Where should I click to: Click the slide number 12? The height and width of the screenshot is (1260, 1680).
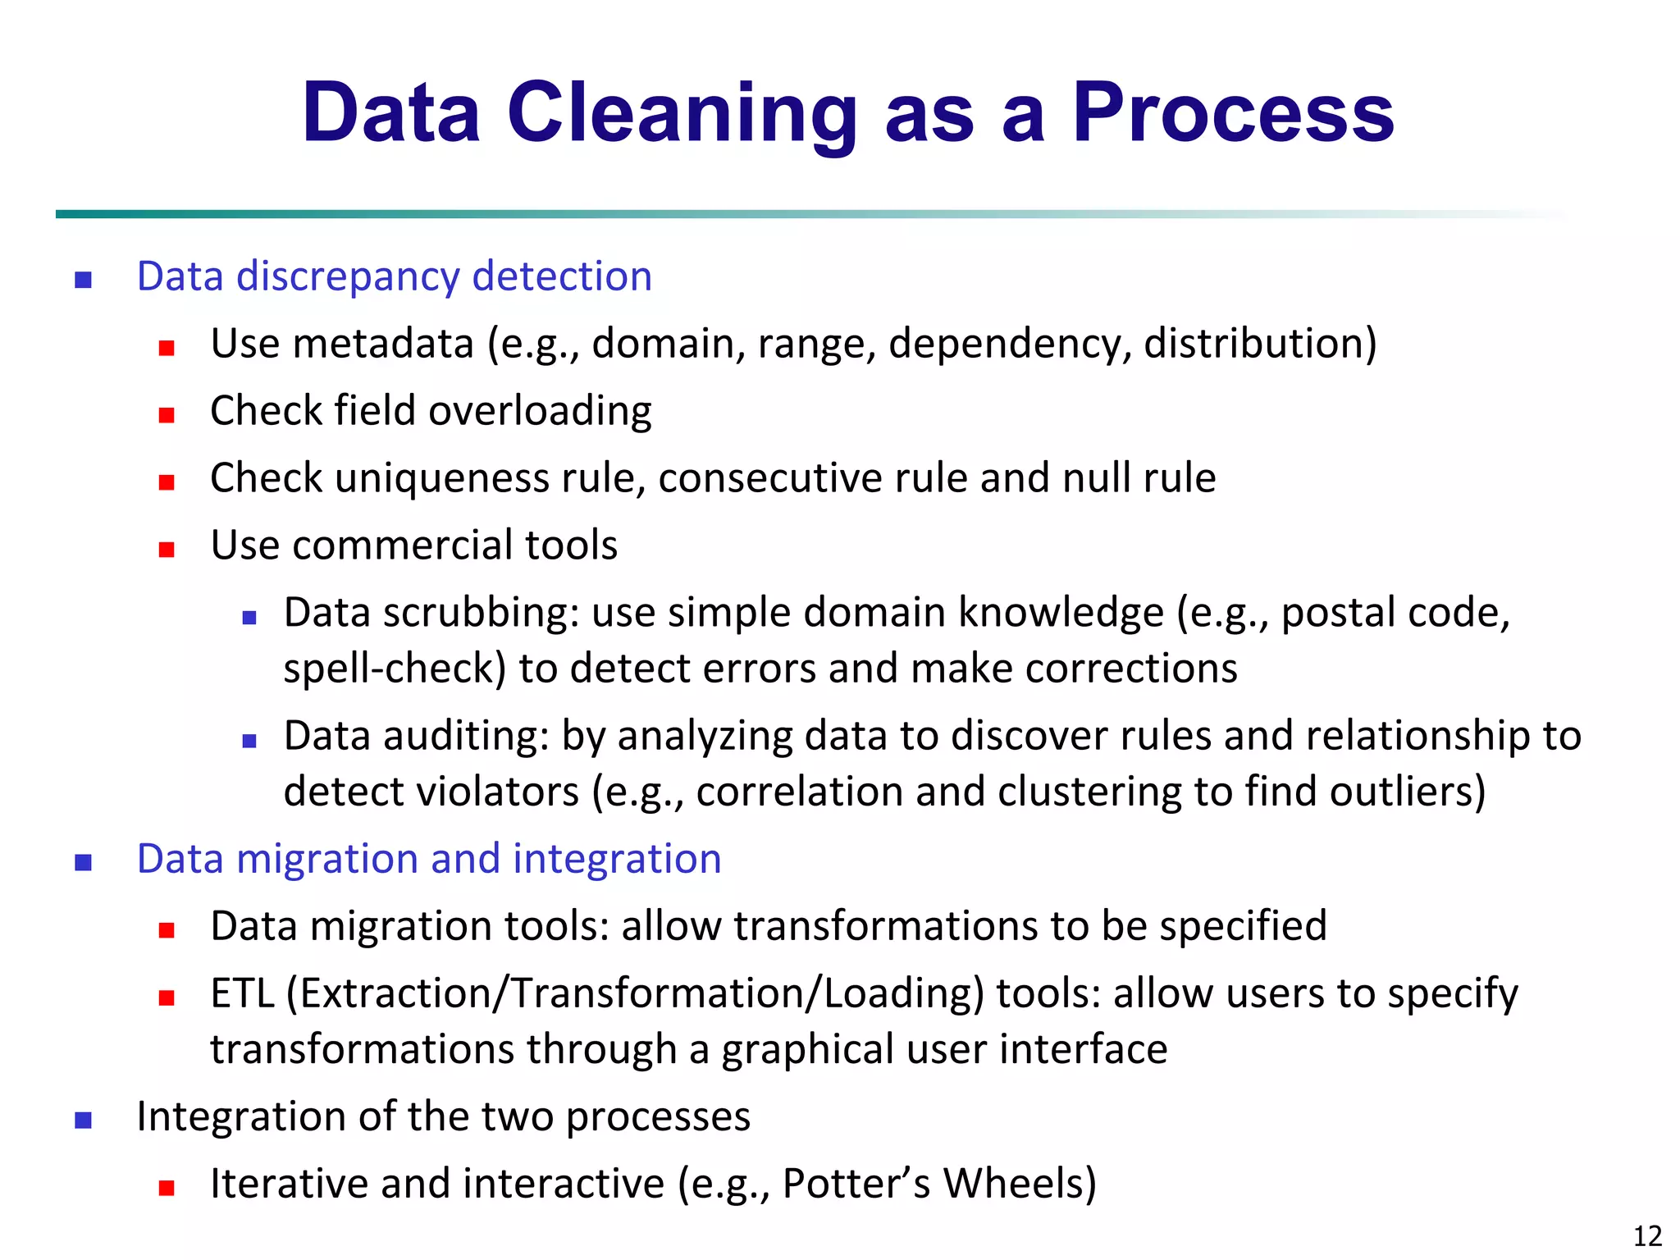point(1647,1235)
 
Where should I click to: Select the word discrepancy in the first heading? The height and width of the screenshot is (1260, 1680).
point(347,277)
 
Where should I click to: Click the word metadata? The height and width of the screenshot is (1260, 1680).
point(383,343)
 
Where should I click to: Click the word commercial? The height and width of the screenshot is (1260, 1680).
point(402,545)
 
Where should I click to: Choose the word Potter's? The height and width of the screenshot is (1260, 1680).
point(856,1184)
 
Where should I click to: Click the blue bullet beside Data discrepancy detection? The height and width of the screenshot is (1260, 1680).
point(83,281)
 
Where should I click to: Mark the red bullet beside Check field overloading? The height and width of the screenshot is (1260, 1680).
point(167,415)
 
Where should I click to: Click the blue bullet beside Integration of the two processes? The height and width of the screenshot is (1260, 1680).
point(83,1121)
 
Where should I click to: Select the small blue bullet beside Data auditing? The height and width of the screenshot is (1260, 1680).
point(250,741)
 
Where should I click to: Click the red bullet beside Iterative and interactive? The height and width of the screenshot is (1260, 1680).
point(167,1188)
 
